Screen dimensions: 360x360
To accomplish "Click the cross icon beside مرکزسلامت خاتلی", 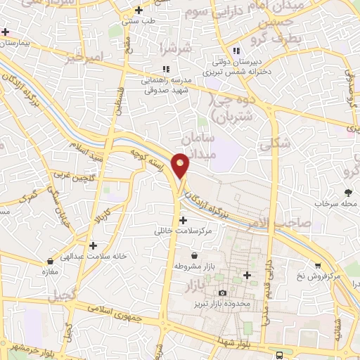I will tap(183, 220).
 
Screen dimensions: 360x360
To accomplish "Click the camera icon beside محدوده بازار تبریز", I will tap(223, 292).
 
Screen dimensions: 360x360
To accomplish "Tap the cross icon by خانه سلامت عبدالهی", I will tap(93, 245).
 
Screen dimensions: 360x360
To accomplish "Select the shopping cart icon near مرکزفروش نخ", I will tap(318, 266).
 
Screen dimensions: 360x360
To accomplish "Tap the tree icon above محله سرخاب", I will tap(348, 191).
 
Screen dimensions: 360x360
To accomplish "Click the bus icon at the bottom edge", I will tap(280, 355).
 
